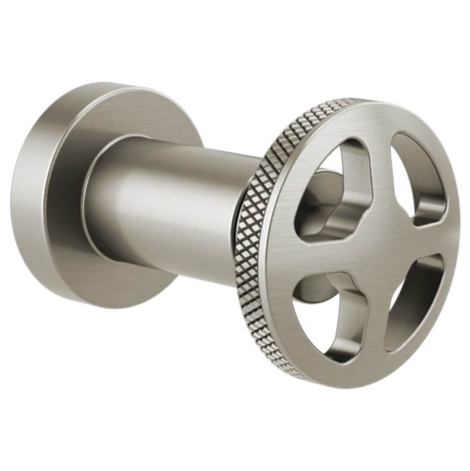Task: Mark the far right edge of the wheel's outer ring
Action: click(458, 232)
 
